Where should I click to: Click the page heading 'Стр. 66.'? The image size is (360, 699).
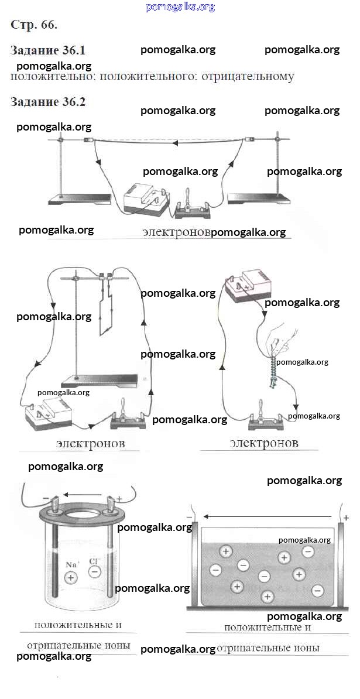[34, 25]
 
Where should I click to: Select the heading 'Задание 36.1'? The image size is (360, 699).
[47, 50]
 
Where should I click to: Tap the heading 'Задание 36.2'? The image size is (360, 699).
[47, 102]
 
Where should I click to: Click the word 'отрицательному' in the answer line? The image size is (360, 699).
[248, 77]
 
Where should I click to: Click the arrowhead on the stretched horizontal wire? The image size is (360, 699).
[175, 143]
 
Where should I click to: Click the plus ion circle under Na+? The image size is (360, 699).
[70, 578]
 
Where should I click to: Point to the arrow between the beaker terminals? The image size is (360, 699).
[83, 494]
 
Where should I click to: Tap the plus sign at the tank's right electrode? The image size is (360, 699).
[346, 518]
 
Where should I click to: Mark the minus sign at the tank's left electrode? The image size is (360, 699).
[189, 517]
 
